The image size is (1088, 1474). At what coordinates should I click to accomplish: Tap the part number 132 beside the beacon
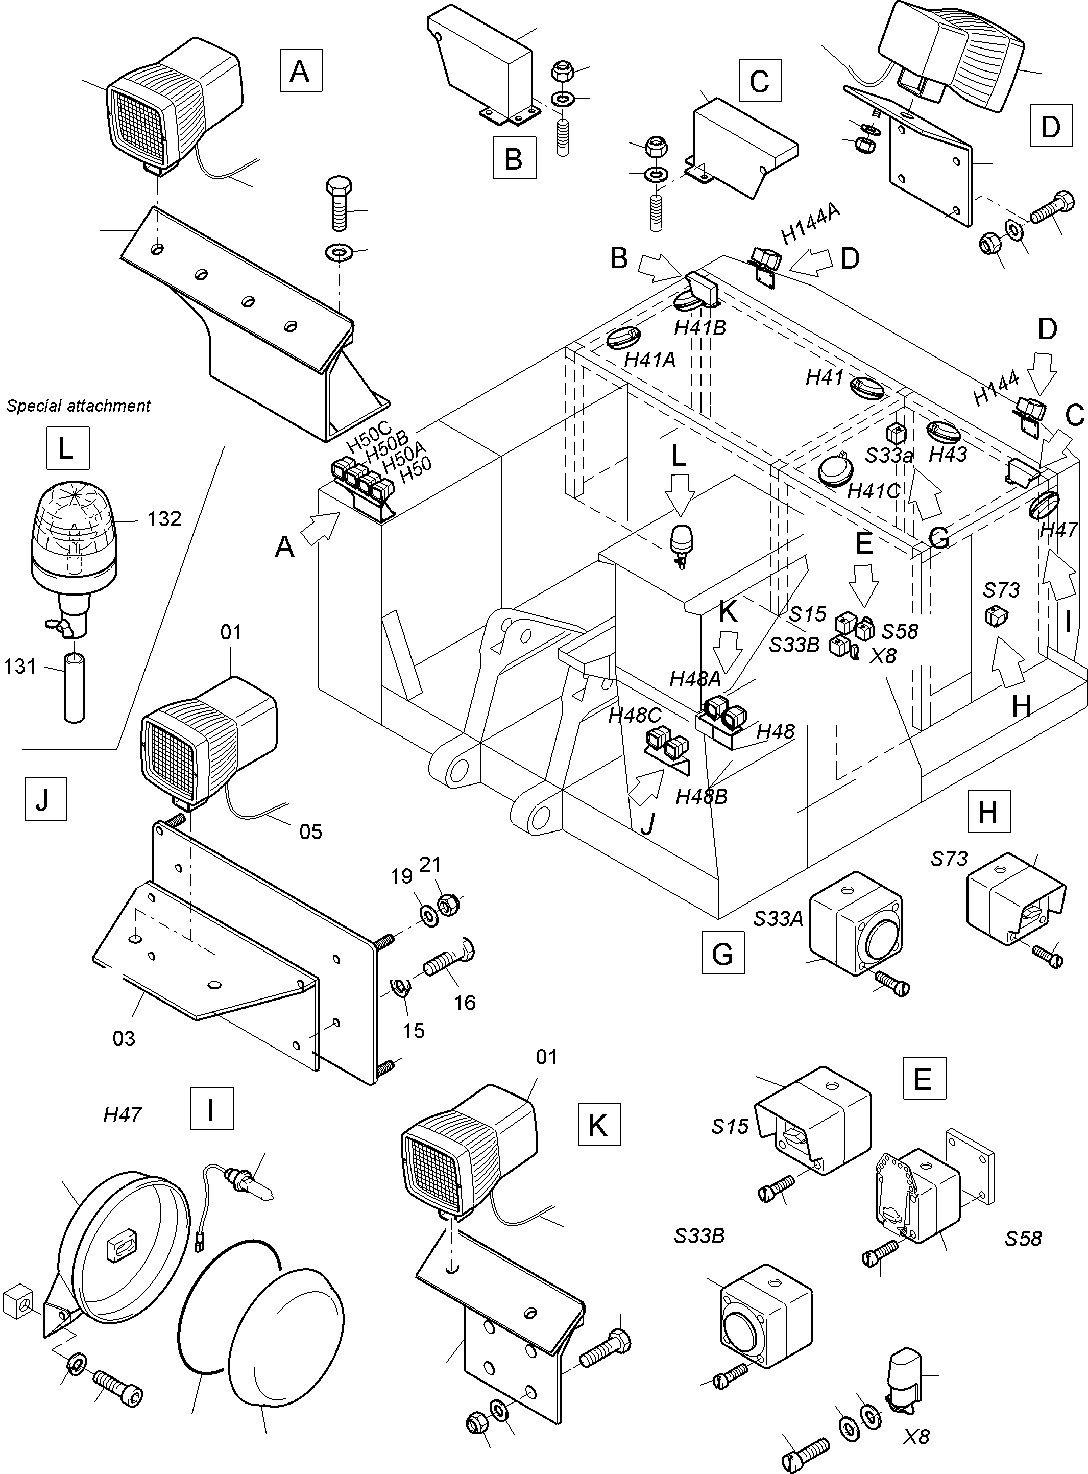click(x=164, y=519)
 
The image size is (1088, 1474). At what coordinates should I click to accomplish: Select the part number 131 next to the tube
click(x=20, y=667)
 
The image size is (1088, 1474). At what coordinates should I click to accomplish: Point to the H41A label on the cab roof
click(x=649, y=361)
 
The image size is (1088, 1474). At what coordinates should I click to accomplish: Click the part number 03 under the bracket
click(x=124, y=1038)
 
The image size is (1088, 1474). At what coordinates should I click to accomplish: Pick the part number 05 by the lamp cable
click(x=310, y=831)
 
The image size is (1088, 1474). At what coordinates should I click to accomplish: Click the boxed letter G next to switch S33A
click(x=722, y=953)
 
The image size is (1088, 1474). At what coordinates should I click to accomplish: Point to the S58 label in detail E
click(x=1023, y=1238)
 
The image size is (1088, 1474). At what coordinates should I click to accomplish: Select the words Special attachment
click(x=79, y=406)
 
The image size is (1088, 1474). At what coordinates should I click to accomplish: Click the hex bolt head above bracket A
click(x=339, y=186)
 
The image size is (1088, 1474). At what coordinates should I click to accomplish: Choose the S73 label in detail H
click(x=949, y=859)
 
